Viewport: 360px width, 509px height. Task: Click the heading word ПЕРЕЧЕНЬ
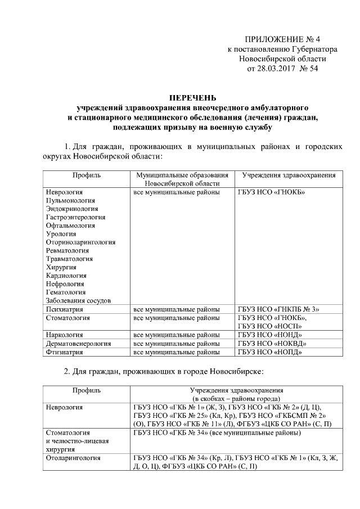click(x=193, y=97)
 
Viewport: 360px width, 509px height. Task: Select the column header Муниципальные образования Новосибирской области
click(x=182, y=179)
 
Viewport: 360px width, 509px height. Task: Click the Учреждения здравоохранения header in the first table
click(x=289, y=175)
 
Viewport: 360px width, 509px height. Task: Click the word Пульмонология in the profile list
click(x=70, y=200)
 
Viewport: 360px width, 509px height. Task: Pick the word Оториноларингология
click(x=81, y=242)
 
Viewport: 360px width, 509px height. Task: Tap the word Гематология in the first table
click(x=66, y=292)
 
